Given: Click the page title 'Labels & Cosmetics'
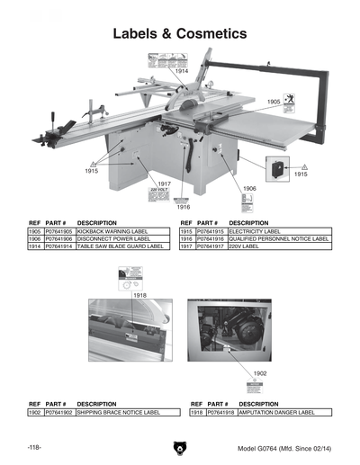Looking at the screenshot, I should pos(179,34).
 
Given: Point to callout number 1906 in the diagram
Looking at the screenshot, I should pos(250,188).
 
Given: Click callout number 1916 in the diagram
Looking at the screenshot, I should pos(183,207).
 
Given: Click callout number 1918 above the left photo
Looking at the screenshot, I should pos(139,295).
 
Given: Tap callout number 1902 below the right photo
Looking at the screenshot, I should pos(259,372).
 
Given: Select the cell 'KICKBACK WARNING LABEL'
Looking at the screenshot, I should pos(111,231).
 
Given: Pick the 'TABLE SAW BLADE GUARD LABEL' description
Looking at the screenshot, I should pos(120,246).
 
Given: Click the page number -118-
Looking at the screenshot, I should pos(37,447).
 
